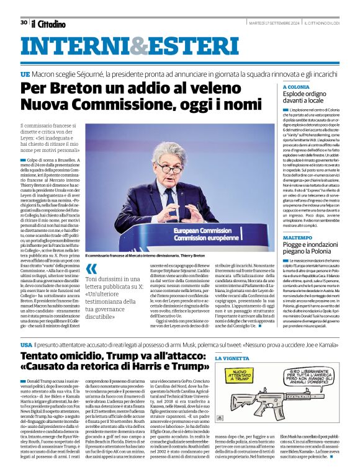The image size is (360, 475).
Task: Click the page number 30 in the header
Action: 24,22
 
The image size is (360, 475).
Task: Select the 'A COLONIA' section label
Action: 297,87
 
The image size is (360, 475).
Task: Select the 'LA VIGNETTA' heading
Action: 232,359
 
